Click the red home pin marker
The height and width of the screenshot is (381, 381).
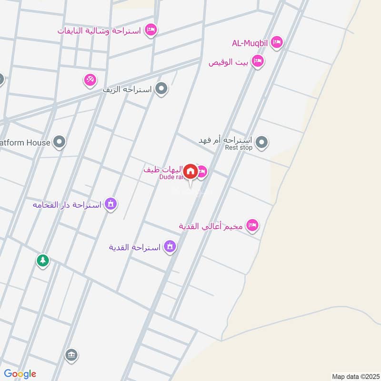[190, 171]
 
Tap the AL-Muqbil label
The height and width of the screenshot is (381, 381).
[250, 44]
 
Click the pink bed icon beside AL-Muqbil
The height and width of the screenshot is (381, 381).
[277, 44]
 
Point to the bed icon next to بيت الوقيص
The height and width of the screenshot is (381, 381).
[258, 61]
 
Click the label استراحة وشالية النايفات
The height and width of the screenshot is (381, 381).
[100, 31]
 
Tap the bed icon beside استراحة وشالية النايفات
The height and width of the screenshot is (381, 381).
[151, 30]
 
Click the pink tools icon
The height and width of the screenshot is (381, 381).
[90, 80]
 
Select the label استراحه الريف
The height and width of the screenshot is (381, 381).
[129, 89]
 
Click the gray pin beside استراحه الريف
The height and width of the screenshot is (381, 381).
[162, 89]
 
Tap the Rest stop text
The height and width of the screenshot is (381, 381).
[239, 148]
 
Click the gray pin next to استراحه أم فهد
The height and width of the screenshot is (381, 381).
[261, 141]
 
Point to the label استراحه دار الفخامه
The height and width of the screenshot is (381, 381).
[66, 205]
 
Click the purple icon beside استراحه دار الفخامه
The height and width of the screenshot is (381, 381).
[111, 204]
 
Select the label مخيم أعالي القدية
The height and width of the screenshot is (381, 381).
[211, 226]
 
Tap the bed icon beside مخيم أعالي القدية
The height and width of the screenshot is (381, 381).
[252, 225]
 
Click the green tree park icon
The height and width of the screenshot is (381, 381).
[43, 261]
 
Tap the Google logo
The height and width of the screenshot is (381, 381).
[20, 374]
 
